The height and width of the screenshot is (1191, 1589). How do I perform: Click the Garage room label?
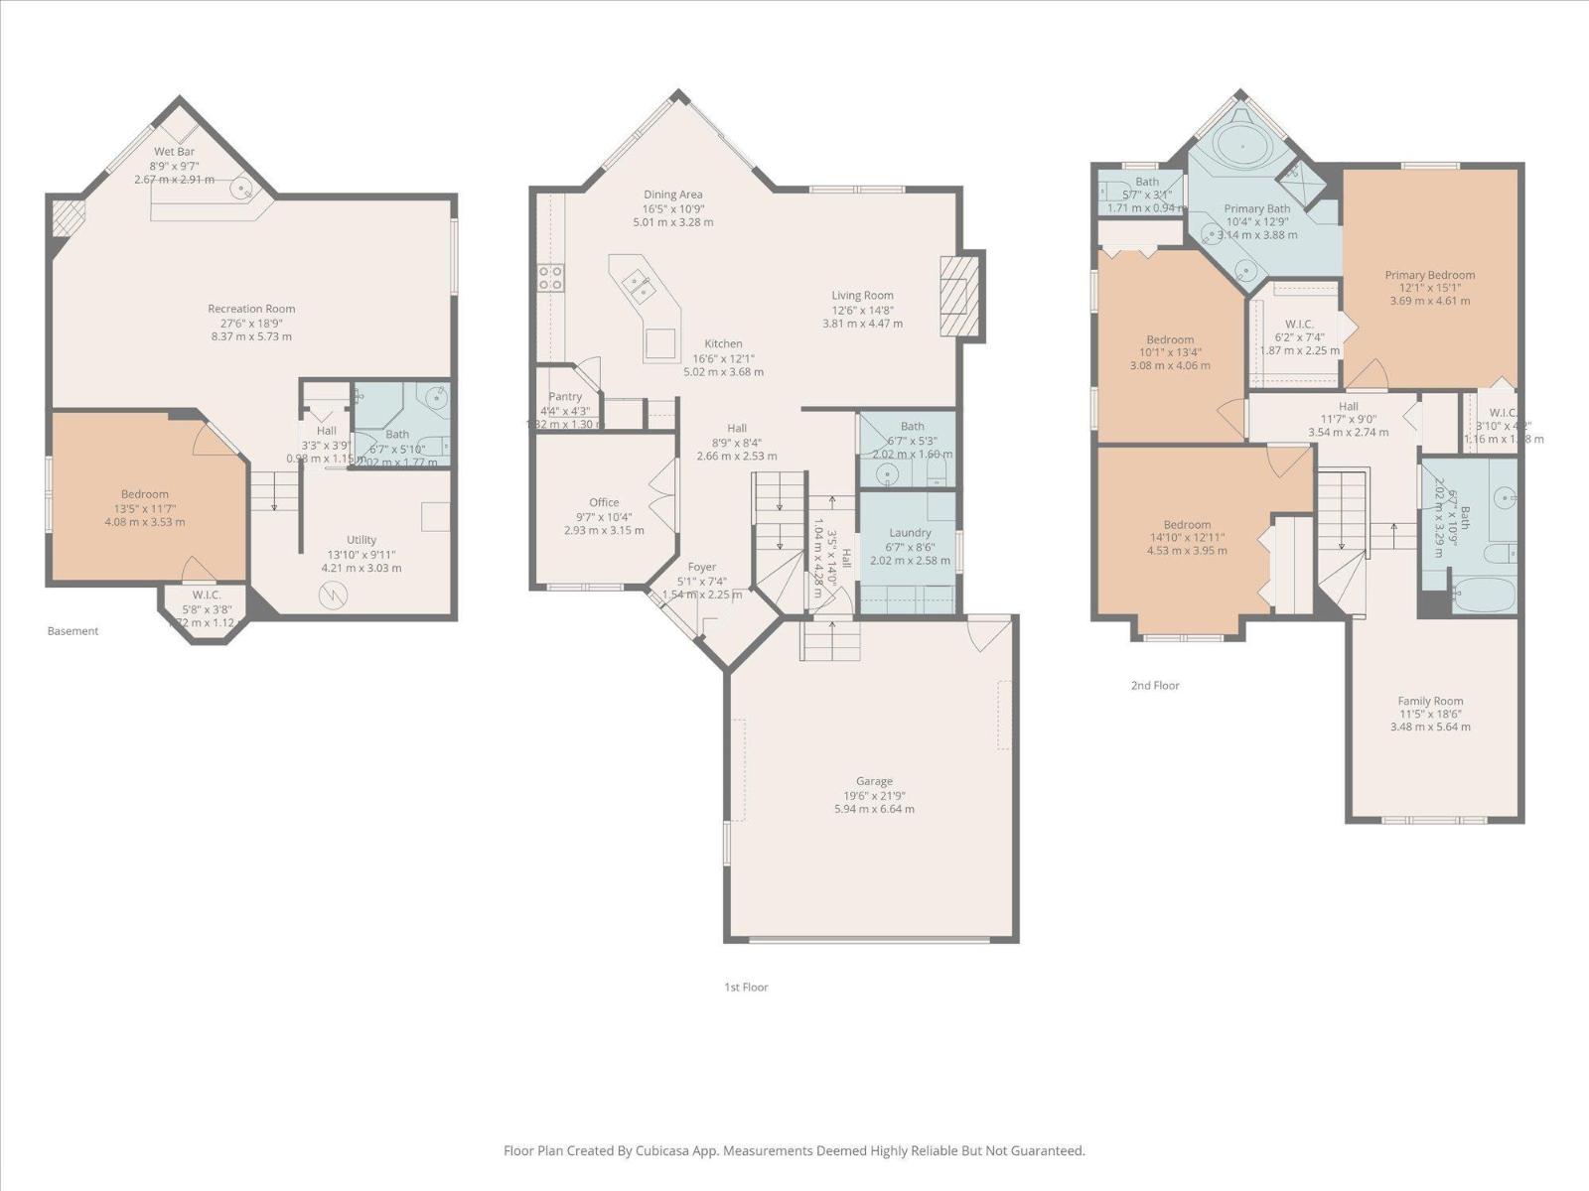click(x=874, y=781)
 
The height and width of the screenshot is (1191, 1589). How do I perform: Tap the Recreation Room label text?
click(x=251, y=309)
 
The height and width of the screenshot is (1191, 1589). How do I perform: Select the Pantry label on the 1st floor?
click(x=565, y=396)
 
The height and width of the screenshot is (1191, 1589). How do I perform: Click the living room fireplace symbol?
click(x=958, y=295)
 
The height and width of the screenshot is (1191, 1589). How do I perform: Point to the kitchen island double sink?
click(x=638, y=286)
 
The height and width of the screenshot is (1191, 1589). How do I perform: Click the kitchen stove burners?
click(x=550, y=277)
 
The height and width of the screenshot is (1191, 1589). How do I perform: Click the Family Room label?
click(x=1430, y=701)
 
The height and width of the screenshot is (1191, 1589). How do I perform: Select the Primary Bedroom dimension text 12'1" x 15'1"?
click(x=1430, y=288)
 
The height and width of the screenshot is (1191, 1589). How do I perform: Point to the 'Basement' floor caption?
click(x=72, y=630)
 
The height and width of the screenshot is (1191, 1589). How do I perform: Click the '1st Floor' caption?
click(x=746, y=987)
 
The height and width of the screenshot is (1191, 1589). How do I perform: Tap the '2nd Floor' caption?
click(x=1155, y=685)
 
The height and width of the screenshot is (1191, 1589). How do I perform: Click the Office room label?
click(x=604, y=502)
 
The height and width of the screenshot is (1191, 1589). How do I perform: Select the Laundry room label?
click(x=910, y=533)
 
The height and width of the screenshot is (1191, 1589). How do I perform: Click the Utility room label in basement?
click(x=361, y=540)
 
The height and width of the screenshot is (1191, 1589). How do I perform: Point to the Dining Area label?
click(x=672, y=195)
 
